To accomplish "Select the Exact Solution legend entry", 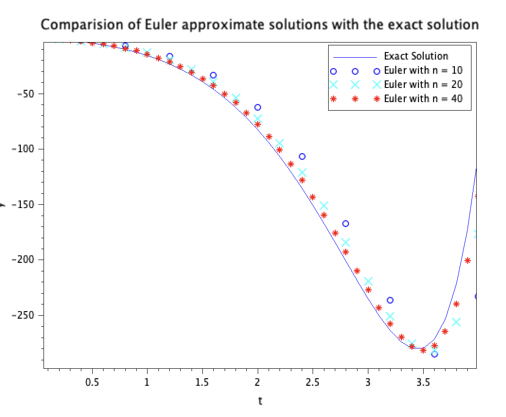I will pyautogui.click(x=416, y=56).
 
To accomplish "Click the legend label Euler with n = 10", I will pyautogui.click(x=423, y=70).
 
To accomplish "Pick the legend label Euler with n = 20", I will pyautogui.click(x=423, y=85).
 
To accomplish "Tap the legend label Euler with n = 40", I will pyautogui.click(x=423, y=99).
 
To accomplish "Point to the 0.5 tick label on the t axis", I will pyautogui.click(x=92, y=382).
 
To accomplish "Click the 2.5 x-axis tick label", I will pyautogui.click(x=313, y=382).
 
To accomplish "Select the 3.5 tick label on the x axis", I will pyautogui.click(x=423, y=382).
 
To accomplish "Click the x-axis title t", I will pyautogui.click(x=260, y=401).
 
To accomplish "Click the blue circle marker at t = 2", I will pyautogui.click(x=258, y=107).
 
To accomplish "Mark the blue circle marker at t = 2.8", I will pyautogui.click(x=346, y=224).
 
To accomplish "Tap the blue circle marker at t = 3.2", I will pyautogui.click(x=390, y=300).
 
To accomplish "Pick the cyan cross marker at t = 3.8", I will pyautogui.click(x=456, y=322).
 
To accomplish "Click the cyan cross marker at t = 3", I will pyautogui.click(x=368, y=281).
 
